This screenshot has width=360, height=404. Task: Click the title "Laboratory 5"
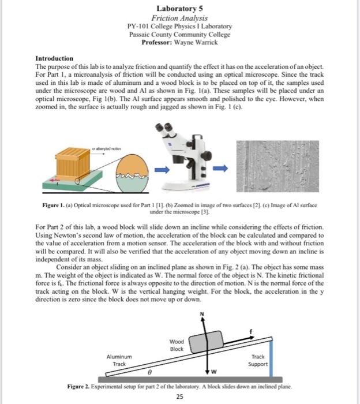click(x=179, y=9)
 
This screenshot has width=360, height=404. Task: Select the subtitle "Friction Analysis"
click(x=179, y=18)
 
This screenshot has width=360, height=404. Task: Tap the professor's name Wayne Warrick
click(x=197, y=43)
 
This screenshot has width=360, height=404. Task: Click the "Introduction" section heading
click(x=54, y=59)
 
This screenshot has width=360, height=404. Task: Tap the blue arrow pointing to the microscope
click(x=163, y=169)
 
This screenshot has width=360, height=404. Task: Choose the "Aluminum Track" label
click(x=119, y=361)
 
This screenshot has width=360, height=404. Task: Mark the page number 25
click(x=179, y=396)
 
